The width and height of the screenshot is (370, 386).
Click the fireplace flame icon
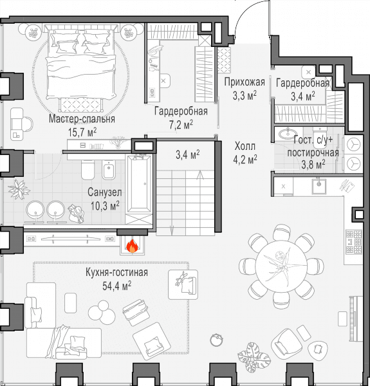click(x=132, y=246)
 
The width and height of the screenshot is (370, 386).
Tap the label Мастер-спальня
click(x=82, y=118)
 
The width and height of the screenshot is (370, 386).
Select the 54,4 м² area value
click(x=116, y=286)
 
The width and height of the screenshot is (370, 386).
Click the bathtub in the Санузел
click(x=139, y=183)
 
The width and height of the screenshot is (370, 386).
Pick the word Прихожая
click(x=245, y=82)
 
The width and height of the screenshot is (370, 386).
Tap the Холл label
click(x=245, y=146)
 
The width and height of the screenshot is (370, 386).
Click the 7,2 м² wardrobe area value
click(x=181, y=125)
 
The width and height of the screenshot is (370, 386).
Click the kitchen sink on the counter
click(x=319, y=187)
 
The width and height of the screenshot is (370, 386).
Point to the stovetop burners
click(x=354, y=242)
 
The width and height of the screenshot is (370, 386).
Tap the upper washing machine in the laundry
click(x=353, y=145)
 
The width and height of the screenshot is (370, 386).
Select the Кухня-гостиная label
click(x=116, y=272)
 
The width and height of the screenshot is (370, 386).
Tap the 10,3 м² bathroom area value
click(x=105, y=205)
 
